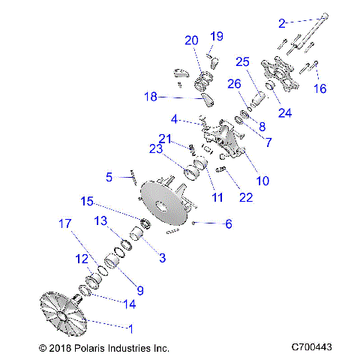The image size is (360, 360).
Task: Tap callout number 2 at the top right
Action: pyautogui.click(x=282, y=23)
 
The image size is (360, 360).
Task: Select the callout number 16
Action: pyautogui.click(x=320, y=88)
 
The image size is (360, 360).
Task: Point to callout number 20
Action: pyautogui.click(x=191, y=40)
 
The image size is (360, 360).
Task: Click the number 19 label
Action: pyautogui.click(x=217, y=36)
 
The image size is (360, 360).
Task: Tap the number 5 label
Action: pyautogui.click(x=109, y=178)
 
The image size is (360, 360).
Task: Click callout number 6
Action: pyautogui.click(x=229, y=223)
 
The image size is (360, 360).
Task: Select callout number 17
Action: pyautogui.click(x=66, y=223)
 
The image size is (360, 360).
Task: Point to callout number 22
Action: pyautogui.click(x=245, y=197)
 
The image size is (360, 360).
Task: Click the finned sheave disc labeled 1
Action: pyautogui.click(x=64, y=316)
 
